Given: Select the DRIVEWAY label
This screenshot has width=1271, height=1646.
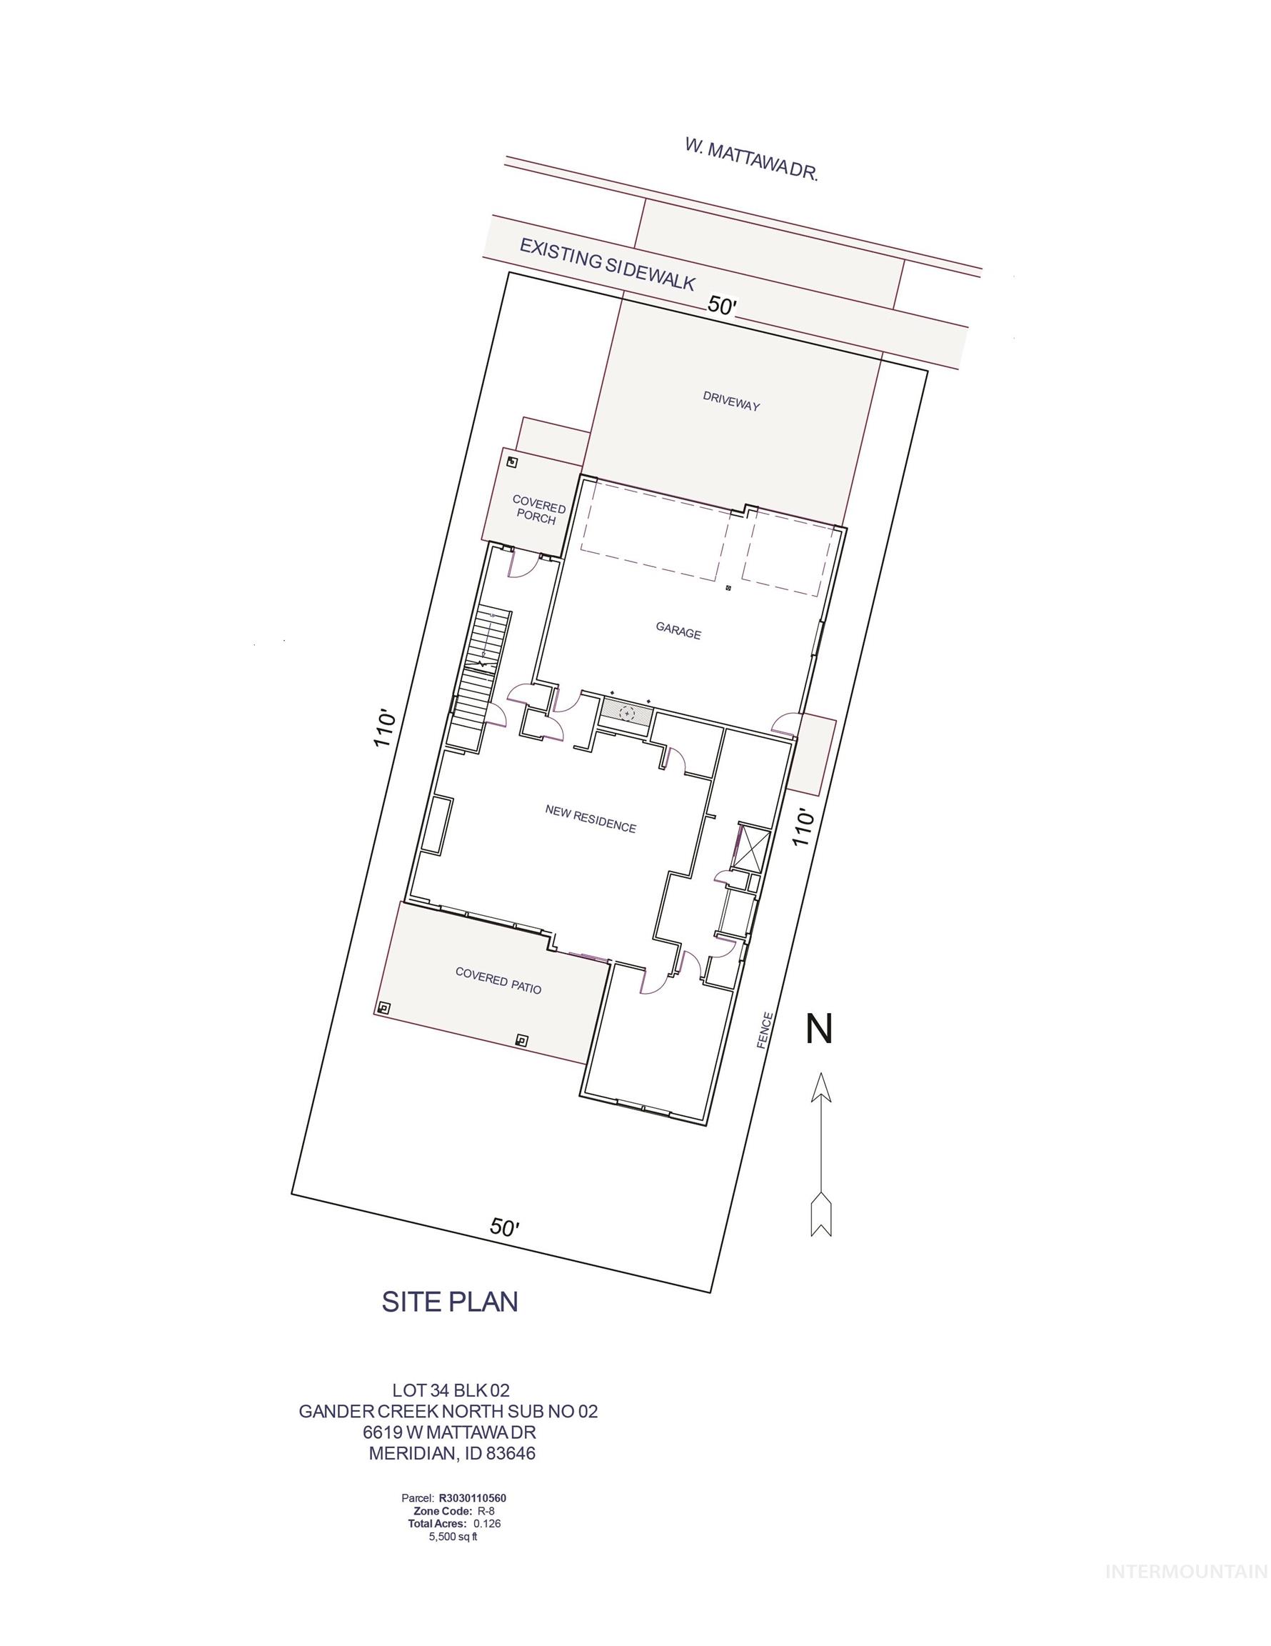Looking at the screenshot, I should [730, 400].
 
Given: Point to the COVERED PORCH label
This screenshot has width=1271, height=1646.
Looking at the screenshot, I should [538, 509].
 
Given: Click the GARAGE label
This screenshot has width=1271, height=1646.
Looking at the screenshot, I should [678, 630].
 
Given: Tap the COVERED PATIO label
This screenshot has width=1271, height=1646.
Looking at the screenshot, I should [498, 980].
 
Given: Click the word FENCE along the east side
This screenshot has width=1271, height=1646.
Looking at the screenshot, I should [767, 1031].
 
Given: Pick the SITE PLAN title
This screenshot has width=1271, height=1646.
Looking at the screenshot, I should [450, 1301].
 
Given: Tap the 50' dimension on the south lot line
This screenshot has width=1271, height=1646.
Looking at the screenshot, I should [504, 1228].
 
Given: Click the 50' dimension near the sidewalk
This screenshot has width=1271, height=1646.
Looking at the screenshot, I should [722, 305].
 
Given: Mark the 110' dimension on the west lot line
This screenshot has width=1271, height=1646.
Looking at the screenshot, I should [385, 727].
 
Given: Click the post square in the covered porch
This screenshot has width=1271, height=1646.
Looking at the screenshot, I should [511, 462].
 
